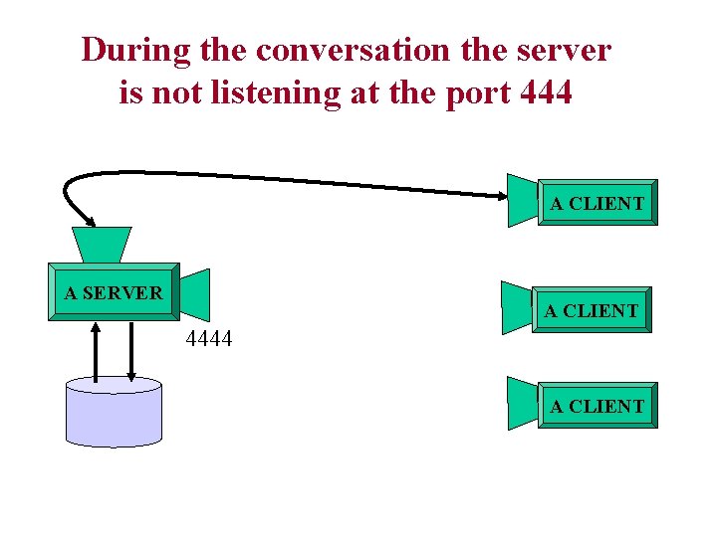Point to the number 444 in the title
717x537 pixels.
point(545,92)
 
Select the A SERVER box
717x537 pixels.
point(114,292)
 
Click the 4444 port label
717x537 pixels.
point(209,339)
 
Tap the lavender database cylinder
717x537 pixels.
point(113,412)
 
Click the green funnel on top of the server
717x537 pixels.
point(102,245)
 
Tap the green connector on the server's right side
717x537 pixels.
point(196,294)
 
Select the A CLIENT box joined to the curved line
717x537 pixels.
point(597,204)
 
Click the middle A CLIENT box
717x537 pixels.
point(592,310)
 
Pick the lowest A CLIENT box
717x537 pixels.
point(597,406)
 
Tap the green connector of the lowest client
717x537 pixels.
point(522,403)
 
